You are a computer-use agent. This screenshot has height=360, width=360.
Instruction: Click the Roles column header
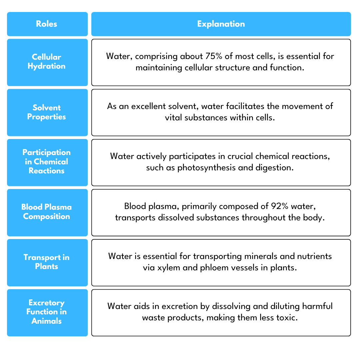46,24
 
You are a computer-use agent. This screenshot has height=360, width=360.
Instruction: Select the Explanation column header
221,24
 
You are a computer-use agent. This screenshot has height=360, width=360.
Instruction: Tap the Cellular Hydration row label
46,62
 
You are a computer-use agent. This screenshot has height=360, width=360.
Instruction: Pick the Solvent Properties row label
46,112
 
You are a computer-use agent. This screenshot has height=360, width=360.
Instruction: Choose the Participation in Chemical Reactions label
46,162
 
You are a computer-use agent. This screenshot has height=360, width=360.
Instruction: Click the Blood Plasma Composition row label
46,212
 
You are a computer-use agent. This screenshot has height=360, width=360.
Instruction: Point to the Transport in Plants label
46,262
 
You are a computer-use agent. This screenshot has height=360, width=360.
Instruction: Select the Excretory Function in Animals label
46,312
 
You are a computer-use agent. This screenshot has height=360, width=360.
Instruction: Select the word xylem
169,268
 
